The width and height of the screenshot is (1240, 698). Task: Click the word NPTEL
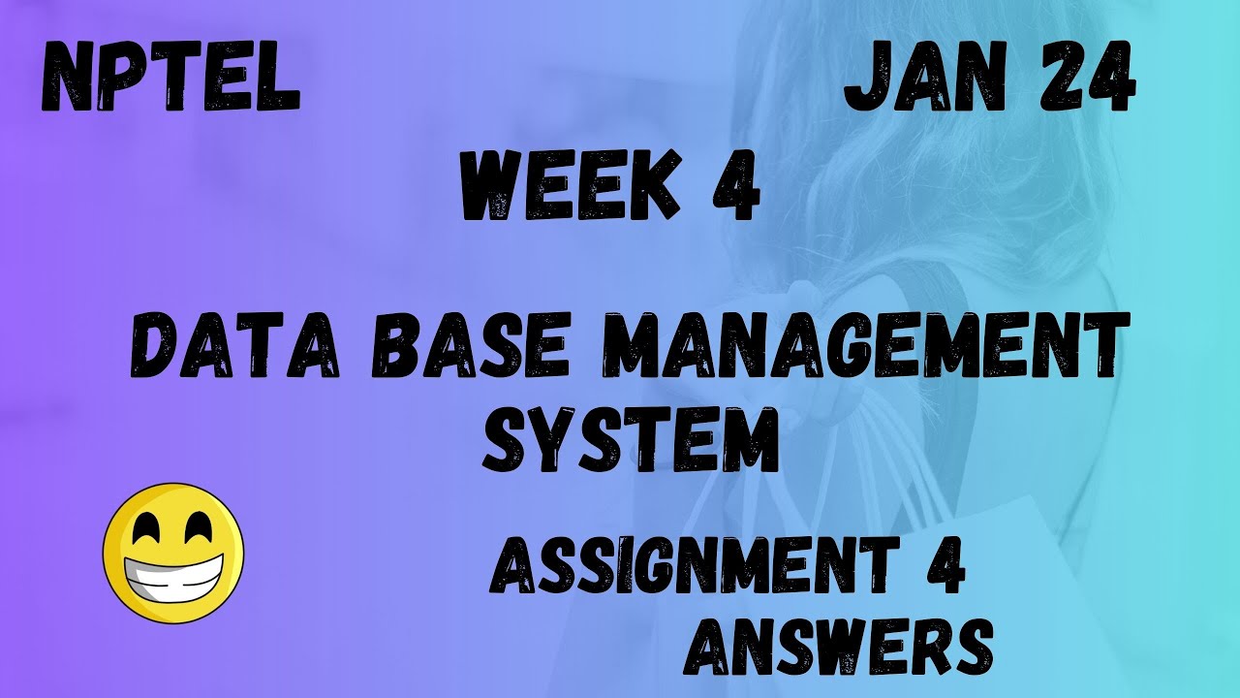coord(170,81)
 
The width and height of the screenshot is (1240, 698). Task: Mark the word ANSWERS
coord(839,644)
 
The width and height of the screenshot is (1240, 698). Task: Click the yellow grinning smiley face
coord(172,554)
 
